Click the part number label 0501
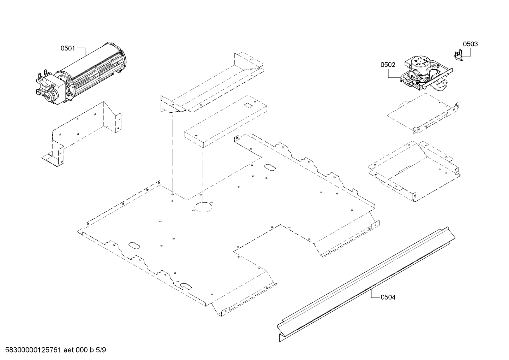pyautogui.click(x=67, y=48)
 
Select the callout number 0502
pyautogui.click(x=388, y=65)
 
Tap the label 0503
pyautogui.click(x=470, y=44)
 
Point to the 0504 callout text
pyautogui.click(x=388, y=297)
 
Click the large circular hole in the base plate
pyautogui.click(x=202, y=207)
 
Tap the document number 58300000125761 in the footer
pyautogui.click(x=32, y=350)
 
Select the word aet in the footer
pyautogui.click(x=69, y=350)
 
